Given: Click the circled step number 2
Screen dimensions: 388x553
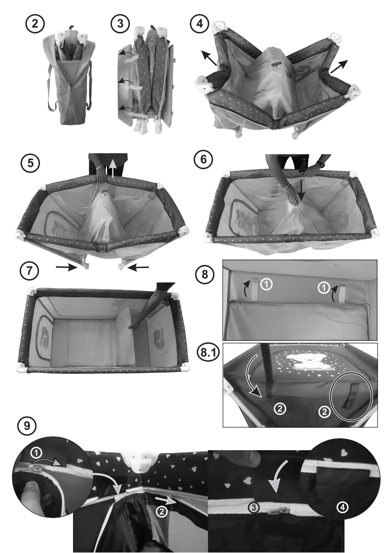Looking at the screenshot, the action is tap(35, 24).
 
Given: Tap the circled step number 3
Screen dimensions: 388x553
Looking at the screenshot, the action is tap(120, 24).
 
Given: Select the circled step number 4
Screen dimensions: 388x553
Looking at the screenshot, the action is tap(199, 24).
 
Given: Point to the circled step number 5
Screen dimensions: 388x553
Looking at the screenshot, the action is tap(30, 163).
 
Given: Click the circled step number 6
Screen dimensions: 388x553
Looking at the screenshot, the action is tap(203, 159).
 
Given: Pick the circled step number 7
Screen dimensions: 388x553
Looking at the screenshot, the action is tap(29, 271).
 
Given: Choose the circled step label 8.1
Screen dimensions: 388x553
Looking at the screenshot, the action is tap(208, 353).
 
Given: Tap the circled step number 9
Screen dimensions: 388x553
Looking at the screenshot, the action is tap(27, 426).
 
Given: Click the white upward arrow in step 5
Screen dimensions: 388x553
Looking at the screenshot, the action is tap(112, 168).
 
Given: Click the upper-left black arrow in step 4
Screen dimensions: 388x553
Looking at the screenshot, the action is tap(209, 58).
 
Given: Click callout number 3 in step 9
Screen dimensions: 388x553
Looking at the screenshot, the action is tap(253, 508).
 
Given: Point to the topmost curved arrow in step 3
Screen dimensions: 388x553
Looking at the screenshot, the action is tap(126, 52).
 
